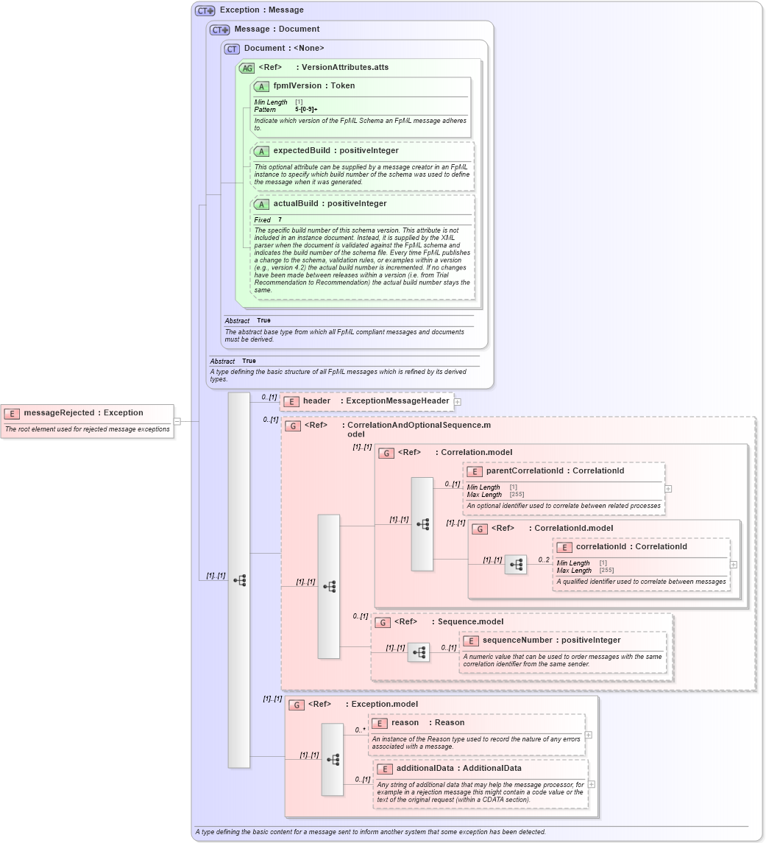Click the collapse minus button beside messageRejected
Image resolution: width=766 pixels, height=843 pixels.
177,421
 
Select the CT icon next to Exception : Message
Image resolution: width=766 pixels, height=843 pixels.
205,10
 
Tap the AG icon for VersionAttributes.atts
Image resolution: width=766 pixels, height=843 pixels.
247,68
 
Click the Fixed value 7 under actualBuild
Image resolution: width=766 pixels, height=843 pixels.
280,220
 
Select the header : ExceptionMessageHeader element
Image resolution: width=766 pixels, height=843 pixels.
375,401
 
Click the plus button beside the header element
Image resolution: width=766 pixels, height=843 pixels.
458,402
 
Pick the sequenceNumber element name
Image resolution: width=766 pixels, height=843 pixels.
551,641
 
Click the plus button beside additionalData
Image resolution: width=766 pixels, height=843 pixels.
591,784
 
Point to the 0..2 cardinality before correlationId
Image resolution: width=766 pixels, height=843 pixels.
544,560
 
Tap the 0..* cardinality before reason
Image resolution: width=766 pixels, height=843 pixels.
360,730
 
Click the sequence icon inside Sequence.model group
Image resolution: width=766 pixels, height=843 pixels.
419,652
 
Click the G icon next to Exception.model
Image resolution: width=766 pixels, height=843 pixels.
297,705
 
